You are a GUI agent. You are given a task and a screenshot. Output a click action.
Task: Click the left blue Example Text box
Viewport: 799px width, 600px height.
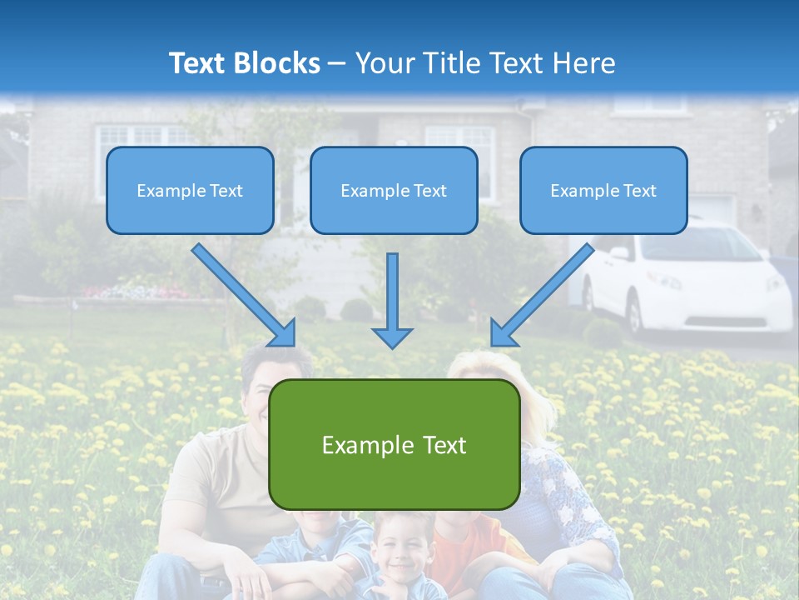pyautogui.click(x=190, y=190)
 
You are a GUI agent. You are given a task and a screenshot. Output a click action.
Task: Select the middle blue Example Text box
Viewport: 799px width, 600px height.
pyautogui.click(x=394, y=190)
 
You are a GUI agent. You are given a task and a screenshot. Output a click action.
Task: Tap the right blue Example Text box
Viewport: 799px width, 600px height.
pyautogui.click(x=603, y=190)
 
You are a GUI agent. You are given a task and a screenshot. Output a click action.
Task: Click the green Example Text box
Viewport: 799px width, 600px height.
pyautogui.click(x=394, y=444)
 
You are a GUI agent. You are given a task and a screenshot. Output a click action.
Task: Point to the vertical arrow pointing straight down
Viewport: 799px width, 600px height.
pyautogui.click(x=392, y=300)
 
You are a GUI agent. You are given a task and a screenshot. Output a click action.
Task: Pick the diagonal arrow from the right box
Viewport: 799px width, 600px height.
pyautogui.click(x=542, y=294)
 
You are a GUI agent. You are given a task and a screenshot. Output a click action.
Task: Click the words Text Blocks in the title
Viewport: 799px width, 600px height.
pyautogui.click(x=244, y=63)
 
